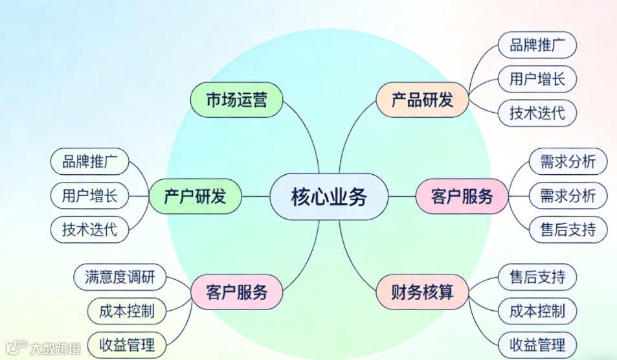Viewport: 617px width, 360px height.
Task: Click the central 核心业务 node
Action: tap(328, 196)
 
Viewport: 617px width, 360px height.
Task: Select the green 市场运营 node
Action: tap(236, 100)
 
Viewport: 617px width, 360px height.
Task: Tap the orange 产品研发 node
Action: tap(422, 100)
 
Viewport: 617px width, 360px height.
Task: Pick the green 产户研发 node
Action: tap(195, 196)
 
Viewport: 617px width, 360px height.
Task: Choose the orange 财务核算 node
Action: tap(422, 292)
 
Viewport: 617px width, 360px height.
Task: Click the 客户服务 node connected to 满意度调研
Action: tap(236, 292)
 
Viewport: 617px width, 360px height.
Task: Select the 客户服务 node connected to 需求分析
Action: tap(462, 196)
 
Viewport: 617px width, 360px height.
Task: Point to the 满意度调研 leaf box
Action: tap(120, 277)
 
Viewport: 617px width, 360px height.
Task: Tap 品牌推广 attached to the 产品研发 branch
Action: tap(537, 45)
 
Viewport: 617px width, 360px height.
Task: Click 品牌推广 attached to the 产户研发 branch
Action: tap(90, 162)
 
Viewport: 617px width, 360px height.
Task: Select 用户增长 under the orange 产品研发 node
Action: tap(537, 79)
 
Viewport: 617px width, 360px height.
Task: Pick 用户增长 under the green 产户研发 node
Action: tap(90, 195)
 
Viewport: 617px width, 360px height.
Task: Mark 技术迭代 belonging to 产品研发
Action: tap(537, 113)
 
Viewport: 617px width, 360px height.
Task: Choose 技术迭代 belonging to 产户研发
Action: tap(90, 229)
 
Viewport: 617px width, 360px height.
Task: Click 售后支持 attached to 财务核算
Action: tap(537, 277)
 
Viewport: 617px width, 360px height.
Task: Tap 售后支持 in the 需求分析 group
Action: tap(568, 229)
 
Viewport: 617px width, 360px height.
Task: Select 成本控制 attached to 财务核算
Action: tap(537, 311)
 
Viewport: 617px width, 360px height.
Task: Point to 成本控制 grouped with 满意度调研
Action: tap(128, 311)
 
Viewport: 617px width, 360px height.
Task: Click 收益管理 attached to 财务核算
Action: tap(537, 344)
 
